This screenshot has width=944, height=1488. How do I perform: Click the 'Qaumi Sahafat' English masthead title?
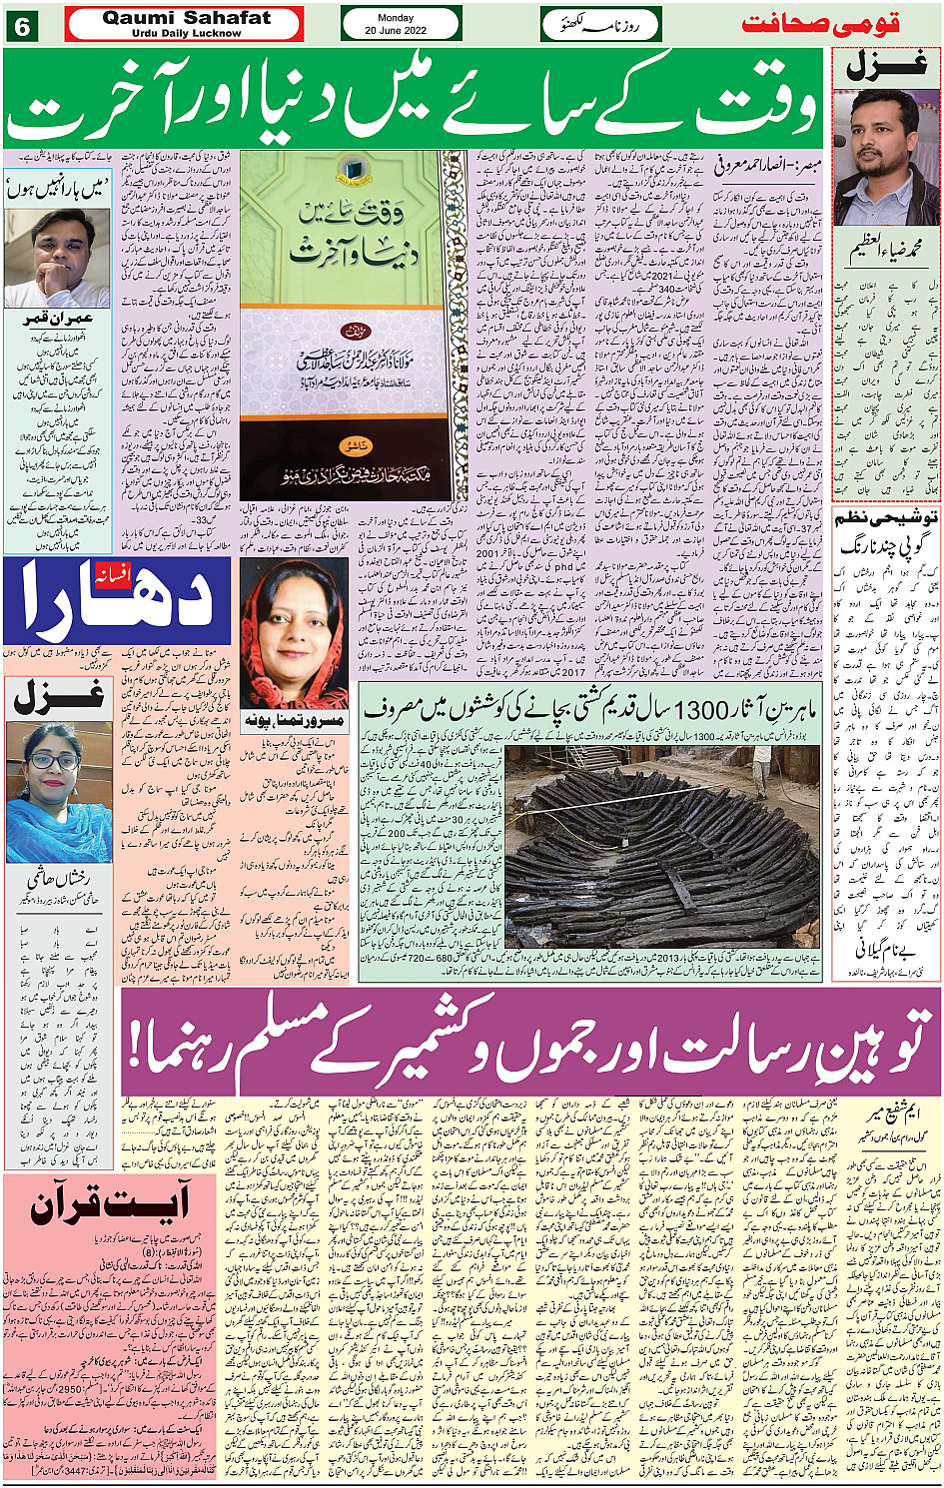pos(186,18)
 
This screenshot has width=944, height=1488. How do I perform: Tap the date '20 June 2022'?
pos(396,31)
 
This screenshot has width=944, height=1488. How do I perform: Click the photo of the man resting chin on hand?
pos(57,258)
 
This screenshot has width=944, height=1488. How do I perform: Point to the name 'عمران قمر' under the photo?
pos(58,319)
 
